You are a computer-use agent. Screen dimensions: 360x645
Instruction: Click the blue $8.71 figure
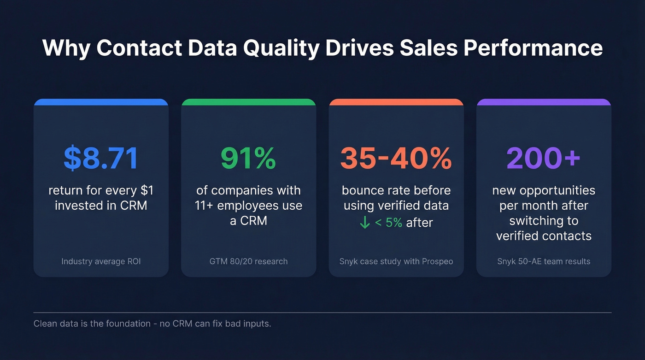point(100,158)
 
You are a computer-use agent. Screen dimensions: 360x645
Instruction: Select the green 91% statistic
point(248,158)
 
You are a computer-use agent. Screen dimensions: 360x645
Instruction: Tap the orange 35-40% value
point(396,158)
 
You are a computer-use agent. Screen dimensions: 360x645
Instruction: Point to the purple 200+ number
point(543,158)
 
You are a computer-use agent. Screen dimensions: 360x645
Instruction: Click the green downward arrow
point(364,223)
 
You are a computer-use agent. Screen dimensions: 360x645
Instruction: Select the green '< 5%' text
point(388,223)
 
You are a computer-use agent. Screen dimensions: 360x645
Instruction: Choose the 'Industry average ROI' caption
point(101,261)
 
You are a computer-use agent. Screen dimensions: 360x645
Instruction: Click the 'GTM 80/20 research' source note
point(248,261)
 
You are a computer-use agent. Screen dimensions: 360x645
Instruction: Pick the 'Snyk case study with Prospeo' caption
point(396,261)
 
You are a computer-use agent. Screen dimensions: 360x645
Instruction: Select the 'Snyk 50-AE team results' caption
point(544,261)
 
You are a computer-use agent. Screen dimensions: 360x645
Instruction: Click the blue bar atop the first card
point(101,102)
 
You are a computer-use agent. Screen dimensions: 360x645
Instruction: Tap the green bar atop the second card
point(248,102)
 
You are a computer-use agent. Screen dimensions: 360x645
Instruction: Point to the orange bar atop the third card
point(396,102)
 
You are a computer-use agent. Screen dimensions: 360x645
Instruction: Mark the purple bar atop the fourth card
point(544,102)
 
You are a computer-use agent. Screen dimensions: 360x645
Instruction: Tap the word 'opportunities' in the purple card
point(560,190)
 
